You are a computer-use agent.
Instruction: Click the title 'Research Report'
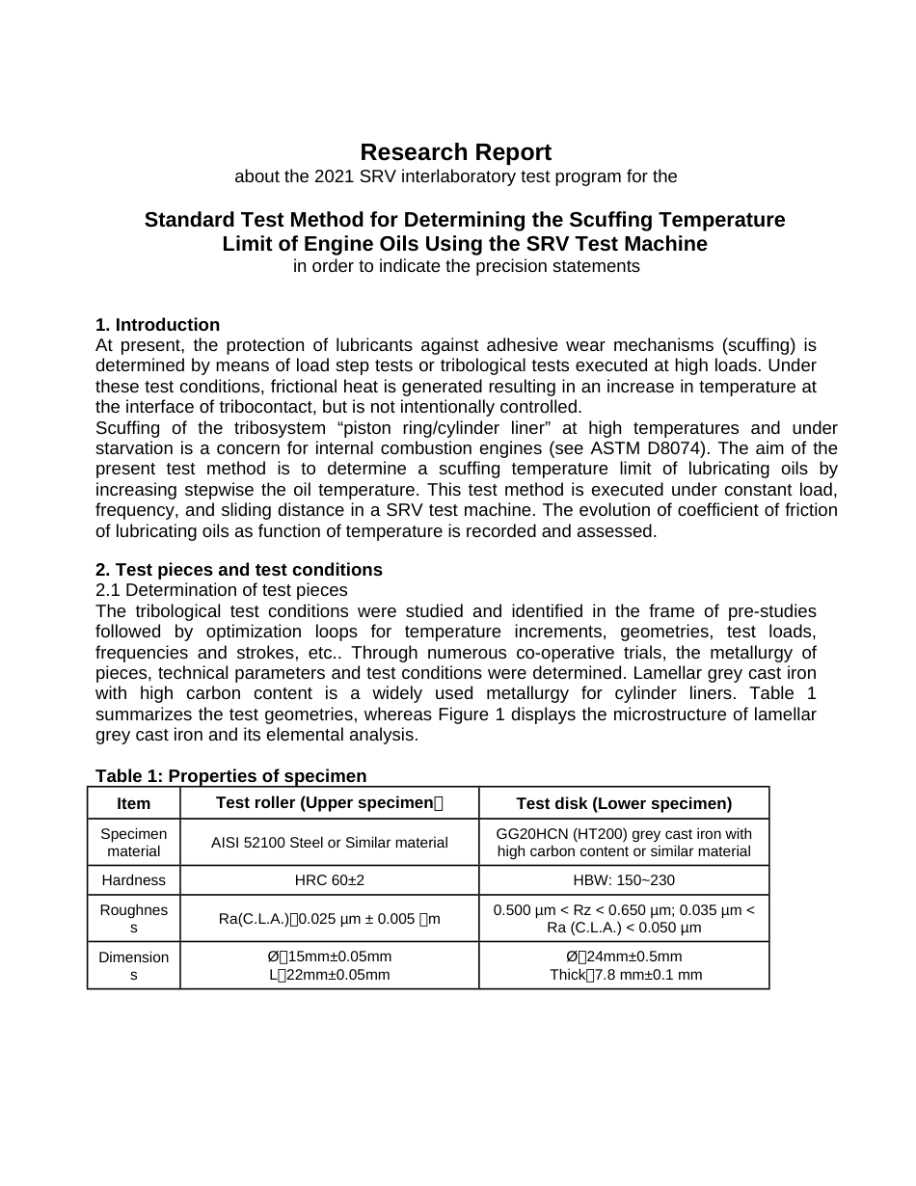[455, 152]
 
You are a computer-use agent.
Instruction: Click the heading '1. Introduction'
[157, 325]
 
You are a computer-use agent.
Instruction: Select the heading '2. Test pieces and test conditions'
[238, 570]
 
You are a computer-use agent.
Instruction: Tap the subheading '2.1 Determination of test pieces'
[221, 590]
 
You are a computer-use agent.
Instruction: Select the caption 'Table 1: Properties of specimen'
[230, 776]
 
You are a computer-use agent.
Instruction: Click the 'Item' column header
[133, 803]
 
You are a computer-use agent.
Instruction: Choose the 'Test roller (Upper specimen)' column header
[329, 803]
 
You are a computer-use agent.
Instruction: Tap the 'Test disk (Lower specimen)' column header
[624, 803]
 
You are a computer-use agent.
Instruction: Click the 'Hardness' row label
[133, 880]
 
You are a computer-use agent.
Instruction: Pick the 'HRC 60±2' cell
[329, 880]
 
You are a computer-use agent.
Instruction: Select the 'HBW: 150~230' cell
[624, 880]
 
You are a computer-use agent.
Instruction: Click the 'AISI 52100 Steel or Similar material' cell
[329, 843]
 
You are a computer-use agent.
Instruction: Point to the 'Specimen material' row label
[133, 842]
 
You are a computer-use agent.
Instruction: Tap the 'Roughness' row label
[133, 918]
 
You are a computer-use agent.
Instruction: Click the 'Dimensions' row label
[133, 965]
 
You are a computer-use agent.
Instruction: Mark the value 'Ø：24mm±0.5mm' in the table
[624, 957]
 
